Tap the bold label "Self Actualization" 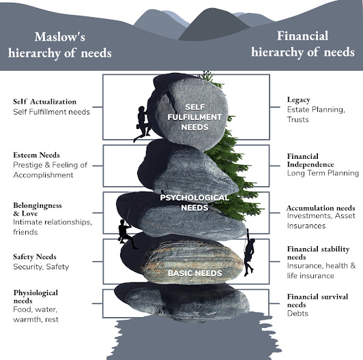click(x=44, y=102)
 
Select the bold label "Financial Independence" click(x=310, y=160)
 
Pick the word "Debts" click(x=297, y=314)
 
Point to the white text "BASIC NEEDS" click(x=192, y=273)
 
